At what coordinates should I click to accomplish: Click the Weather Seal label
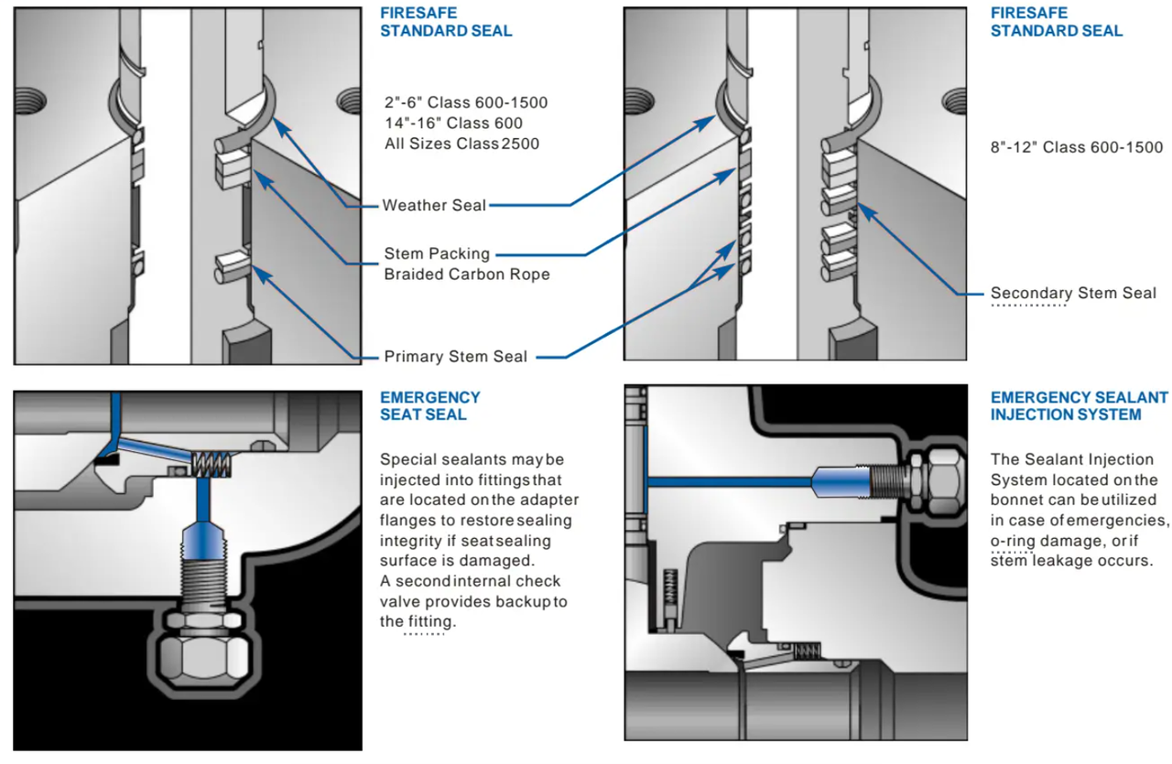pyautogui.click(x=434, y=205)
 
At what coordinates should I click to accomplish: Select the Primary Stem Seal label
pyautogui.click(x=455, y=356)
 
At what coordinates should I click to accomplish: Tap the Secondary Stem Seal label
pyautogui.click(x=1073, y=293)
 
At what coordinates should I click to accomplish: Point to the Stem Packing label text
pyautogui.click(x=437, y=253)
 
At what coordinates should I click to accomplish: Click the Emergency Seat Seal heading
pyautogui.click(x=429, y=405)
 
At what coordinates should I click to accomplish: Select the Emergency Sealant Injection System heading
pyautogui.click(x=1079, y=405)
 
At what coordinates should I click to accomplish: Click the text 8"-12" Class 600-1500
pyautogui.click(x=1077, y=146)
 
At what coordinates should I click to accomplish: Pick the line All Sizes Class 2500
pyautogui.click(x=461, y=143)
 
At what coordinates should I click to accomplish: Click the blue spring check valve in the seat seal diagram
pyautogui.click(x=213, y=466)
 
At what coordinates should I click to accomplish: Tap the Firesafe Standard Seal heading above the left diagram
pyautogui.click(x=446, y=22)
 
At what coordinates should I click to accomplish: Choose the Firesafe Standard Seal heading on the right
pyautogui.click(x=1056, y=22)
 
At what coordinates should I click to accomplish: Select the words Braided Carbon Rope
pyautogui.click(x=467, y=274)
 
